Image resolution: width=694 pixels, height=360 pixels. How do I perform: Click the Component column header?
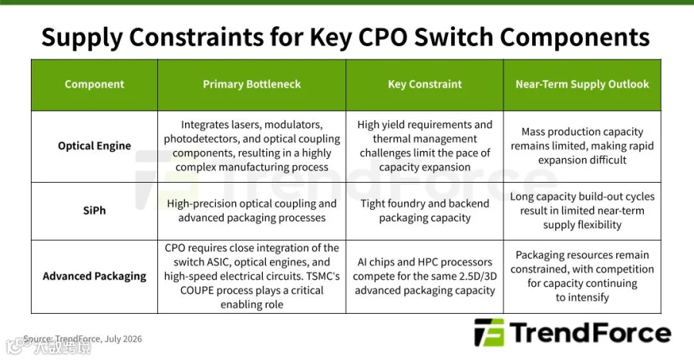click(94, 84)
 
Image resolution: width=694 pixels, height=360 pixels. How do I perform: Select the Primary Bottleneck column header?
click(252, 84)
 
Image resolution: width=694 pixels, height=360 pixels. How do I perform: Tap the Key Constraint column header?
click(425, 84)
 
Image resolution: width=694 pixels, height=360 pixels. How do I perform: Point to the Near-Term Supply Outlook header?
click(582, 84)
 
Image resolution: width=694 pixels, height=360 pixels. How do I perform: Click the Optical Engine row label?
click(94, 146)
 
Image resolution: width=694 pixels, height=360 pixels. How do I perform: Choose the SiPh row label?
click(94, 210)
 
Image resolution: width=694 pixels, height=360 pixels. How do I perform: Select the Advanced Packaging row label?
click(94, 276)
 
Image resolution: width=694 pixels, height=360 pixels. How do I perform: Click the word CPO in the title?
click(382, 37)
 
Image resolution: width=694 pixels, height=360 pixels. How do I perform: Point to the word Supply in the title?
click(82, 38)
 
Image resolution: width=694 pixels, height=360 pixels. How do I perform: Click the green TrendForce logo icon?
click(489, 332)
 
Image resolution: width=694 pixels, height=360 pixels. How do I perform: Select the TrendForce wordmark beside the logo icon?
click(590, 332)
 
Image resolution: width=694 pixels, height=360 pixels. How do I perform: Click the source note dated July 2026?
click(83, 339)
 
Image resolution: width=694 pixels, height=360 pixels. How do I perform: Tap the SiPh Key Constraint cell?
click(425, 210)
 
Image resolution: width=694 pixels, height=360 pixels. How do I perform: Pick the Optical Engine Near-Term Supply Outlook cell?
click(582, 146)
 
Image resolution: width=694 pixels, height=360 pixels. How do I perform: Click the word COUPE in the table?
click(198, 291)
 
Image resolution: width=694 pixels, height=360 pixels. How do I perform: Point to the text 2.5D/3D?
click(477, 277)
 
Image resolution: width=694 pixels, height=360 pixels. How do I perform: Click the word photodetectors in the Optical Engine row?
click(201, 139)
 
